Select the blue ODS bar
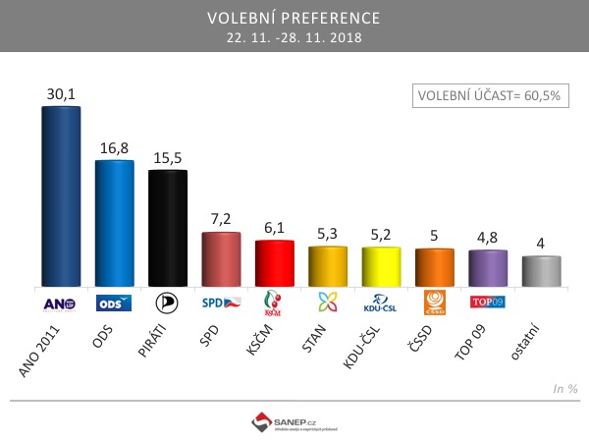pyautogui.click(x=114, y=223)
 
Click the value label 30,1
pyautogui.click(x=61, y=93)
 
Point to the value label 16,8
pyautogui.click(x=114, y=147)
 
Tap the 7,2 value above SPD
pyautogui.click(x=221, y=219)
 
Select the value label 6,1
pyautogui.click(x=274, y=227)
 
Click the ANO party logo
pyautogui.click(x=61, y=304)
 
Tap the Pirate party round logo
pyautogui.click(x=167, y=303)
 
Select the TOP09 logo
pyautogui.click(x=488, y=303)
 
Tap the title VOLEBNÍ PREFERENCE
pyautogui.click(x=294, y=19)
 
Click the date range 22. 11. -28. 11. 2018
pyautogui.click(x=294, y=38)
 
